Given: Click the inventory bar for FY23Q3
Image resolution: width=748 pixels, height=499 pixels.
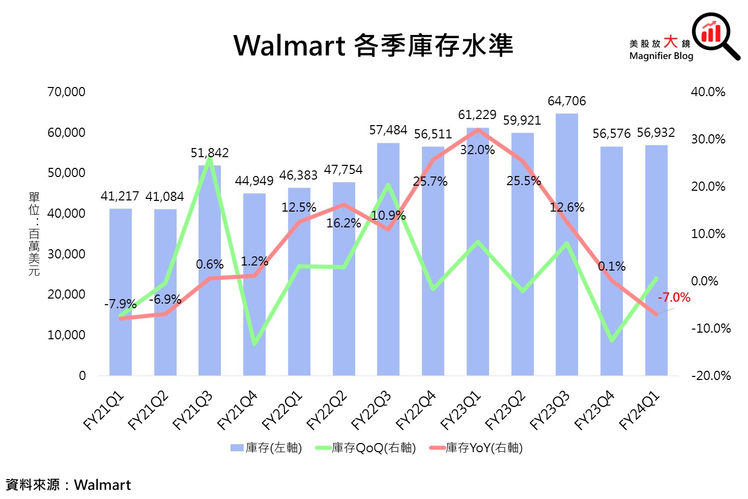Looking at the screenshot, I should pyautogui.click(x=566, y=305).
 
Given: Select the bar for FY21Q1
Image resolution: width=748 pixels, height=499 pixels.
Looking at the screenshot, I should pyautogui.click(x=121, y=346).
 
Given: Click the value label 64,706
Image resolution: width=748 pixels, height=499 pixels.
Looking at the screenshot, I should pyautogui.click(x=566, y=101).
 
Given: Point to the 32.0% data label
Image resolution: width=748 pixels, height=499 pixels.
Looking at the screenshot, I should pyautogui.click(x=477, y=150).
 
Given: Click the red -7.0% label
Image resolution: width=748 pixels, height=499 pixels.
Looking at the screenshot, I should pyautogui.click(x=674, y=298).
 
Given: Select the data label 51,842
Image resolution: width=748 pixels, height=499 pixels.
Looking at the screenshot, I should pyautogui.click(x=210, y=153).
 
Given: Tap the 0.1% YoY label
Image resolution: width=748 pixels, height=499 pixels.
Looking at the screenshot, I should pyautogui.click(x=612, y=267).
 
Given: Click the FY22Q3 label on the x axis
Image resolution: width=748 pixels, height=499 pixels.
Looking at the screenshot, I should pyautogui.click(x=372, y=410).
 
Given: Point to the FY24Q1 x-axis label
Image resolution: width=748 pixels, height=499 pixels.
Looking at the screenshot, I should pyautogui.click(x=640, y=410).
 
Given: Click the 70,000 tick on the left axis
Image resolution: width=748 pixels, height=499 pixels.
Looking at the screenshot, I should pyautogui.click(x=66, y=92).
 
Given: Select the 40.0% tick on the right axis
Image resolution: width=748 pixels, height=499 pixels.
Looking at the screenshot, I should pyautogui.click(x=708, y=92).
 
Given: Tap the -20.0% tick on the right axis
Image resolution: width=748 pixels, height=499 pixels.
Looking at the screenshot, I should pyautogui.click(x=711, y=376).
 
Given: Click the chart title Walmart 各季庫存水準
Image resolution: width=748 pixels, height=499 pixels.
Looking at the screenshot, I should pyautogui.click(x=373, y=45).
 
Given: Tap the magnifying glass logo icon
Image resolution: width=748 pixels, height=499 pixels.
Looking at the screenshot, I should pyautogui.click(x=715, y=35).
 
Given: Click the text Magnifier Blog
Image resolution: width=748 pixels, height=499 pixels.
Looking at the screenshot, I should pyautogui.click(x=661, y=56).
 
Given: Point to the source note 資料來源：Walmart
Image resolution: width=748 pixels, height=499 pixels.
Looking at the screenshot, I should pyautogui.click(x=68, y=485).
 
